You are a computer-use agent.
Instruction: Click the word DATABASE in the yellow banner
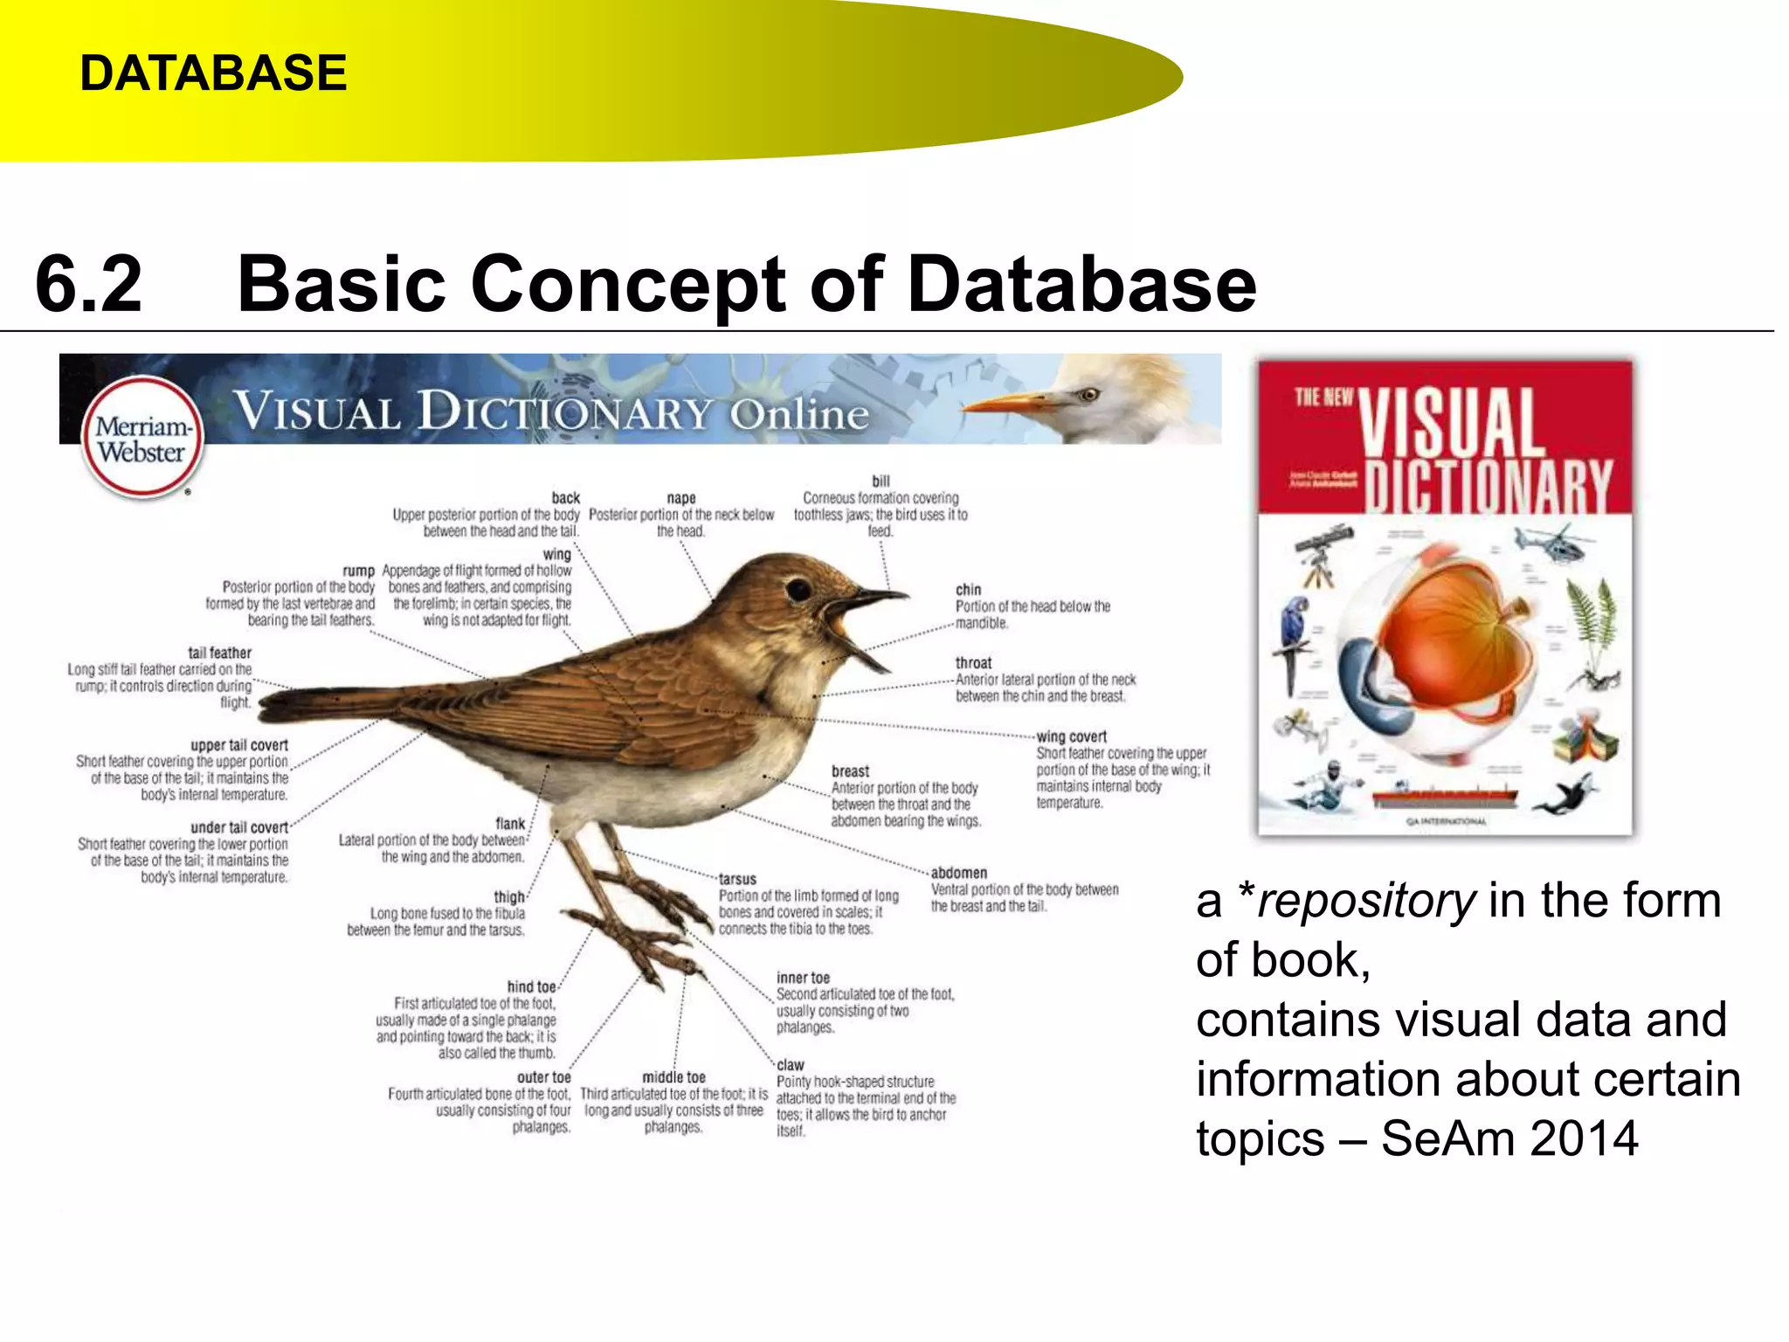[213, 73]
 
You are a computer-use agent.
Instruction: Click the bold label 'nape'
[681, 498]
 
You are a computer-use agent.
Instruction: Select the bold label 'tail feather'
[219, 653]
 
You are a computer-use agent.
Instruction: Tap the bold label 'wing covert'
[1071, 737]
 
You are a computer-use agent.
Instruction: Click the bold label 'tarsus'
[737, 879]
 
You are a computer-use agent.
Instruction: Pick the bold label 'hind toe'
[531, 986]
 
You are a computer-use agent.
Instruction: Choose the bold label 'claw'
[790, 1065]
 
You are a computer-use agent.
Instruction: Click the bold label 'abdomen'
[958, 873]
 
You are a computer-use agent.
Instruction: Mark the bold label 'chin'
[968, 590]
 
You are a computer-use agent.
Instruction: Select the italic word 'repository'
[1366, 901]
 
